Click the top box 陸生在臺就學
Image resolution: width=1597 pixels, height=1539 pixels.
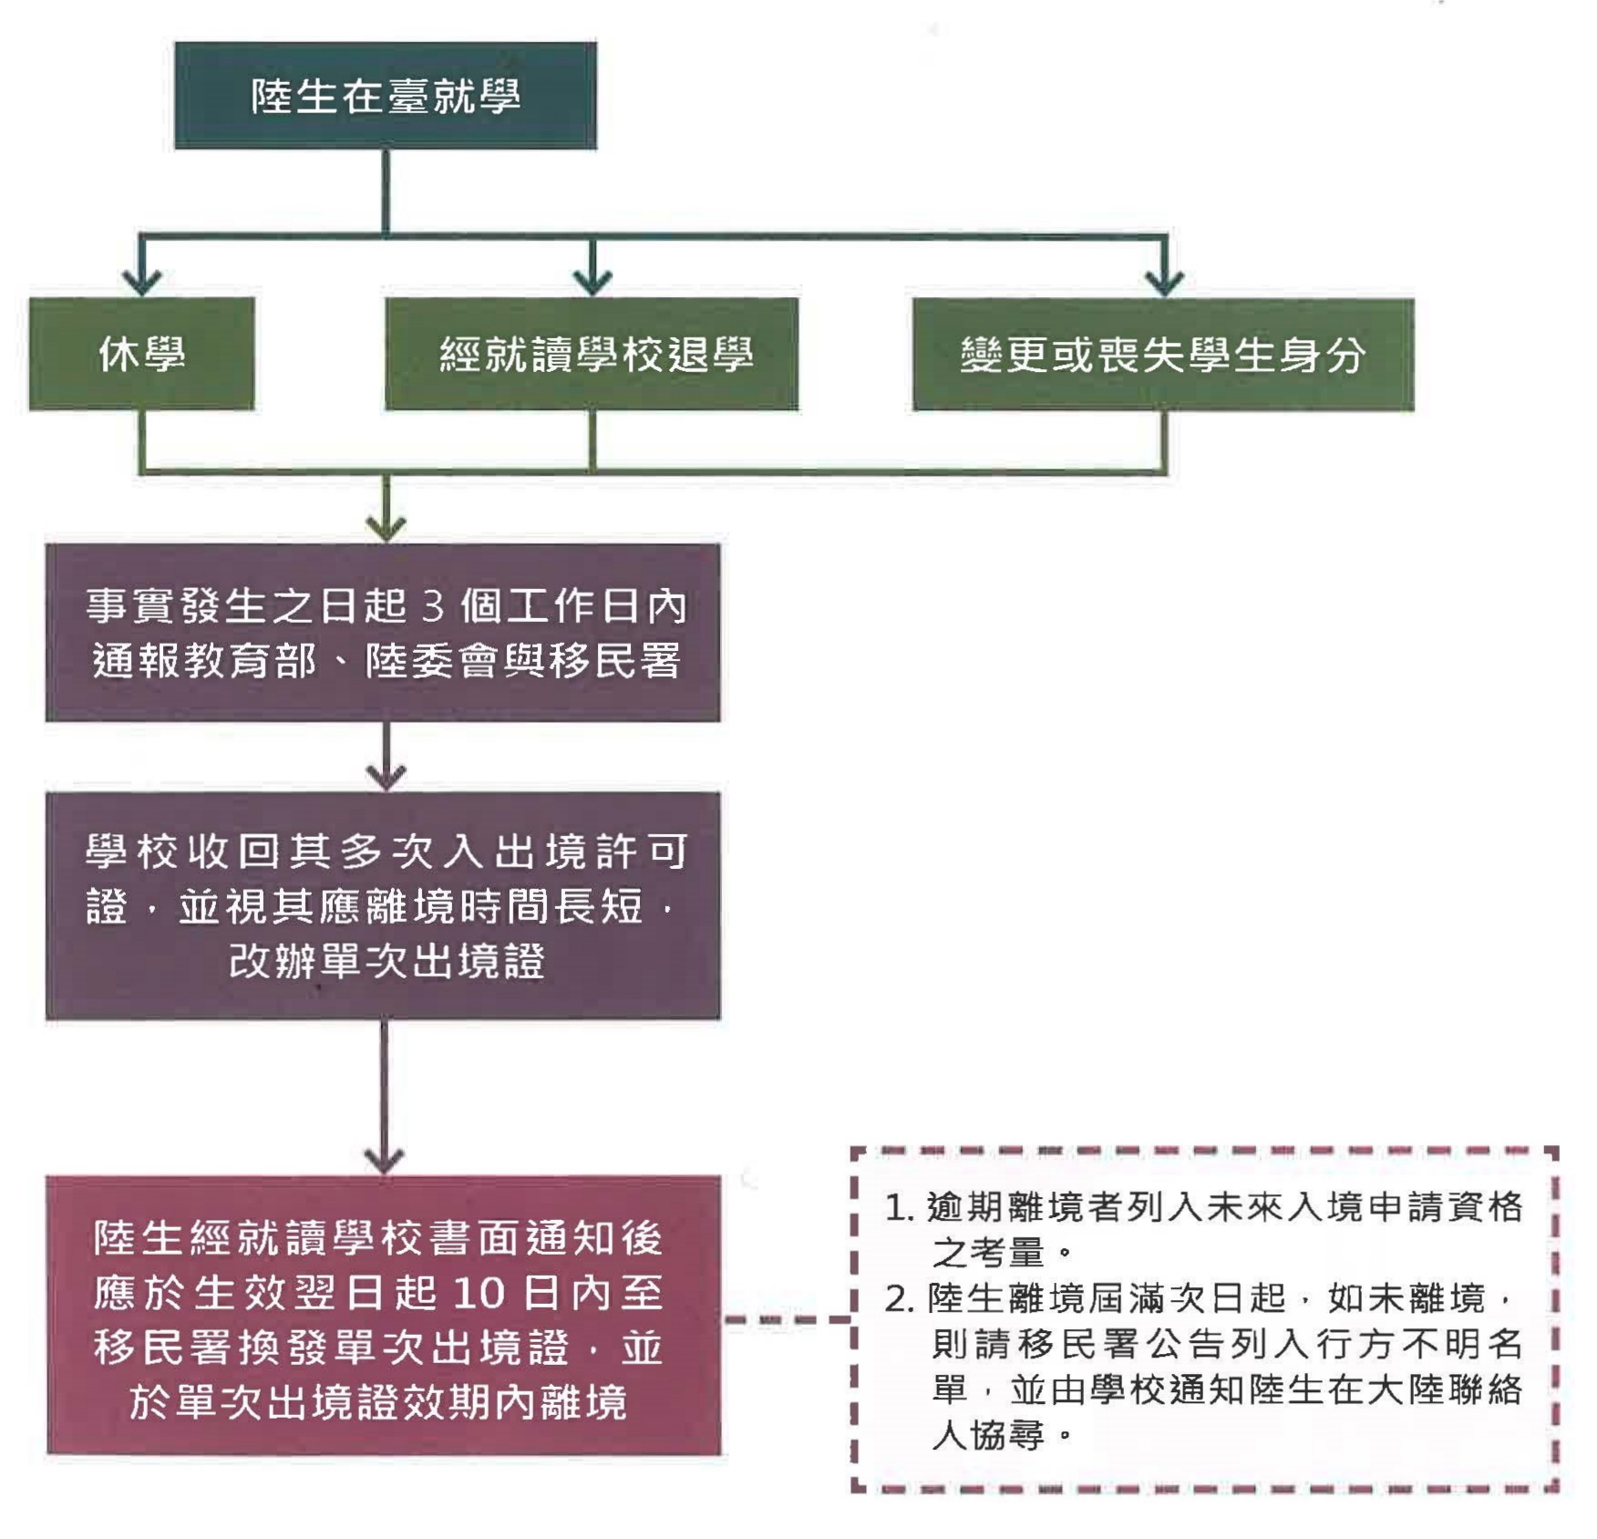(386, 96)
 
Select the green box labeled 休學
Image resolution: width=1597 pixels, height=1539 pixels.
(141, 354)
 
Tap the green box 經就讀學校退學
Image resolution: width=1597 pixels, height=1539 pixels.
(592, 354)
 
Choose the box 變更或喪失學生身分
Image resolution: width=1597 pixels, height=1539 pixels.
(1163, 354)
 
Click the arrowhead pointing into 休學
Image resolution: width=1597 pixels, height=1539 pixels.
(141, 282)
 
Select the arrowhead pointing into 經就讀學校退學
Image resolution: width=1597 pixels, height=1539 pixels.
(593, 282)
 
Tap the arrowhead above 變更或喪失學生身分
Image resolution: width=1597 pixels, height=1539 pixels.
(1165, 282)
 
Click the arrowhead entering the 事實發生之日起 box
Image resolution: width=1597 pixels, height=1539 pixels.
(386, 529)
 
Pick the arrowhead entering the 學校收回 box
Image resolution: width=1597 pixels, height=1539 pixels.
(386, 777)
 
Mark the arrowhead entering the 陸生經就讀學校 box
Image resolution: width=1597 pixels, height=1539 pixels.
(384, 1161)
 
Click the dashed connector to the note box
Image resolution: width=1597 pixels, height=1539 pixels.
(786, 1319)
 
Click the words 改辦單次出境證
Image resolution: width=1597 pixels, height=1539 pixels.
(387, 961)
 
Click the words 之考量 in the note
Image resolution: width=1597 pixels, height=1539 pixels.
(987, 1254)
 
